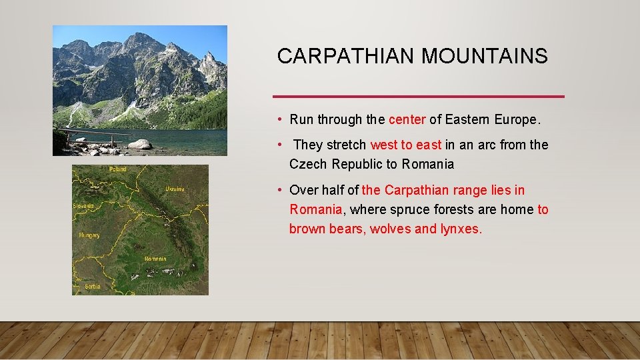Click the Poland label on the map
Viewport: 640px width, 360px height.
(x=117, y=169)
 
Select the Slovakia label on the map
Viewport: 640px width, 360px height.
(x=83, y=206)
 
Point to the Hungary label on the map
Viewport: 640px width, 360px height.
(x=89, y=235)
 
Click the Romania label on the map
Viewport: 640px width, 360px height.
(x=155, y=258)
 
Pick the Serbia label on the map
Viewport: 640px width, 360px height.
(x=93, y=286)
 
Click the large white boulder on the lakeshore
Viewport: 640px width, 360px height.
(x=140, y=144)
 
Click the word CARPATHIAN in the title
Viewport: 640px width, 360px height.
(x=347, y=57)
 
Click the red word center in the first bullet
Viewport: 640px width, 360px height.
(x=407, y=120)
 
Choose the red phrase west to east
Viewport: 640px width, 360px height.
(x=405, y=145)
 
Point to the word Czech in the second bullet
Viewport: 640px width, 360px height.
(x=308, y=164)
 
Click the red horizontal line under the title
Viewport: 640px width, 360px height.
(x=420, y=97)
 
